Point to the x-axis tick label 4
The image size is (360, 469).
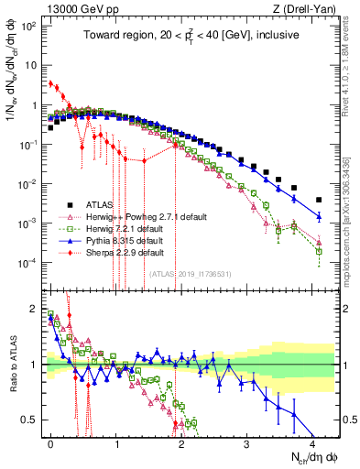[x=312, y=442]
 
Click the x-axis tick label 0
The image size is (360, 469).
[x=50, y=442]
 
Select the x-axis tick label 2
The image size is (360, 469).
[x=181, y=442]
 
